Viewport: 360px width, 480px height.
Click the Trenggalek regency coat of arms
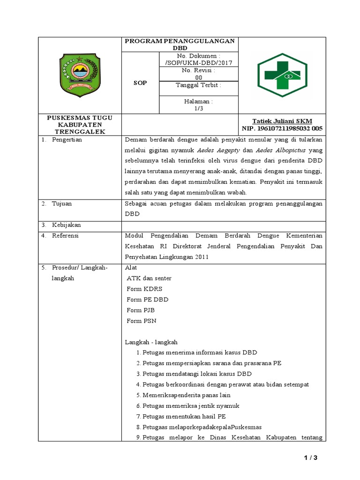point(80,75)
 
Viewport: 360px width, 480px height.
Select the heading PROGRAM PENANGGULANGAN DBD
point(180,45)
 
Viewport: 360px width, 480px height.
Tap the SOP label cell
point(140,83)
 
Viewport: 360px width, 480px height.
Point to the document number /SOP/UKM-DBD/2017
point(199,63)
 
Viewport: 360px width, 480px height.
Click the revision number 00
point(199,77)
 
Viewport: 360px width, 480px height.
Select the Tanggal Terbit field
point(198,85)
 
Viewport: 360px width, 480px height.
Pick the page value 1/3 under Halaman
point(199,108)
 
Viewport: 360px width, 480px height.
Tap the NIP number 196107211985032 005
point(282,128)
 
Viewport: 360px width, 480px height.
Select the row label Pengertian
point(67,140)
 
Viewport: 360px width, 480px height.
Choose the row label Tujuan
point(62,204)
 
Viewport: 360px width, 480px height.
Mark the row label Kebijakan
point(66,225)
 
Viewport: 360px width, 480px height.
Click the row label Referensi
point(66,236)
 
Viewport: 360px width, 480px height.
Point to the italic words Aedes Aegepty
point(218,150)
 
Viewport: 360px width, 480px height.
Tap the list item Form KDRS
point(144,289)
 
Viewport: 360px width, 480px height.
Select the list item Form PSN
point(142,321)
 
